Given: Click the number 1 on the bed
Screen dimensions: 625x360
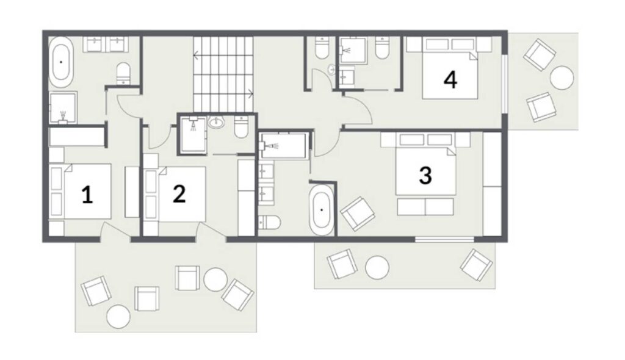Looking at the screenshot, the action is pyautogui.click(x=87, y=195).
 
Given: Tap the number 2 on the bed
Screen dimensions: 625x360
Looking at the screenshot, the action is pyautogui.click(x=179, y=194).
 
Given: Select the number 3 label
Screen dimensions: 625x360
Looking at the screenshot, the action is pyautogui.click(x=425, y=175).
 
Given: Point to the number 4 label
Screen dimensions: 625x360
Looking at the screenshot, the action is pyautogui.click(x=450, y=80).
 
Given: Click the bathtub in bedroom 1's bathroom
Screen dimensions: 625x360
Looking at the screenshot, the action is pyautogui.click(x=61, y=62).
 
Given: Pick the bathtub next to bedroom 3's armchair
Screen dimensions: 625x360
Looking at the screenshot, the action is pyautogui.click(x=321, y=209).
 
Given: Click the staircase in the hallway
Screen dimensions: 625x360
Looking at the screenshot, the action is pyautogui.click(x=223, y=74).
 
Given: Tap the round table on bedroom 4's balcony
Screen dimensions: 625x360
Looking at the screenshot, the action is pyautogui.click(x=562, y=77).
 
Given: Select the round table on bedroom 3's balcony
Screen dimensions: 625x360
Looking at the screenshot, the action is pyautogui.click(x=377, y=267).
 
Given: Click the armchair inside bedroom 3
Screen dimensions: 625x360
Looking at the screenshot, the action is pyautogui.click(x=358, y=214).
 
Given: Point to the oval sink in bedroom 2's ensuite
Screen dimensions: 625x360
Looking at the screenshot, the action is pyautogui.click(x=217, y=122).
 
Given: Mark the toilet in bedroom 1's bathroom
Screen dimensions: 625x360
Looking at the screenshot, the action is pyautogui.click(x=123, y=73).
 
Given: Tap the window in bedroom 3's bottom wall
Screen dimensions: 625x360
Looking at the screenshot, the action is pyautogui.click(x=444, y=239).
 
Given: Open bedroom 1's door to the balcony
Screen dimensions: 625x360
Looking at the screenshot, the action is pyautogui.click(x=115, y=232).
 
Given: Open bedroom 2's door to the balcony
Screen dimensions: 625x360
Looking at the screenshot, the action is pyautogui.click(x=211, y=232).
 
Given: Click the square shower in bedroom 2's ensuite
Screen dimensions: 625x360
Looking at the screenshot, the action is pyautogui.click(x=193, y=135).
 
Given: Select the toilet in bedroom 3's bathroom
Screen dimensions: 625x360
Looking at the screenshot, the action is pyautogui.click(x=269, y=222).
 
